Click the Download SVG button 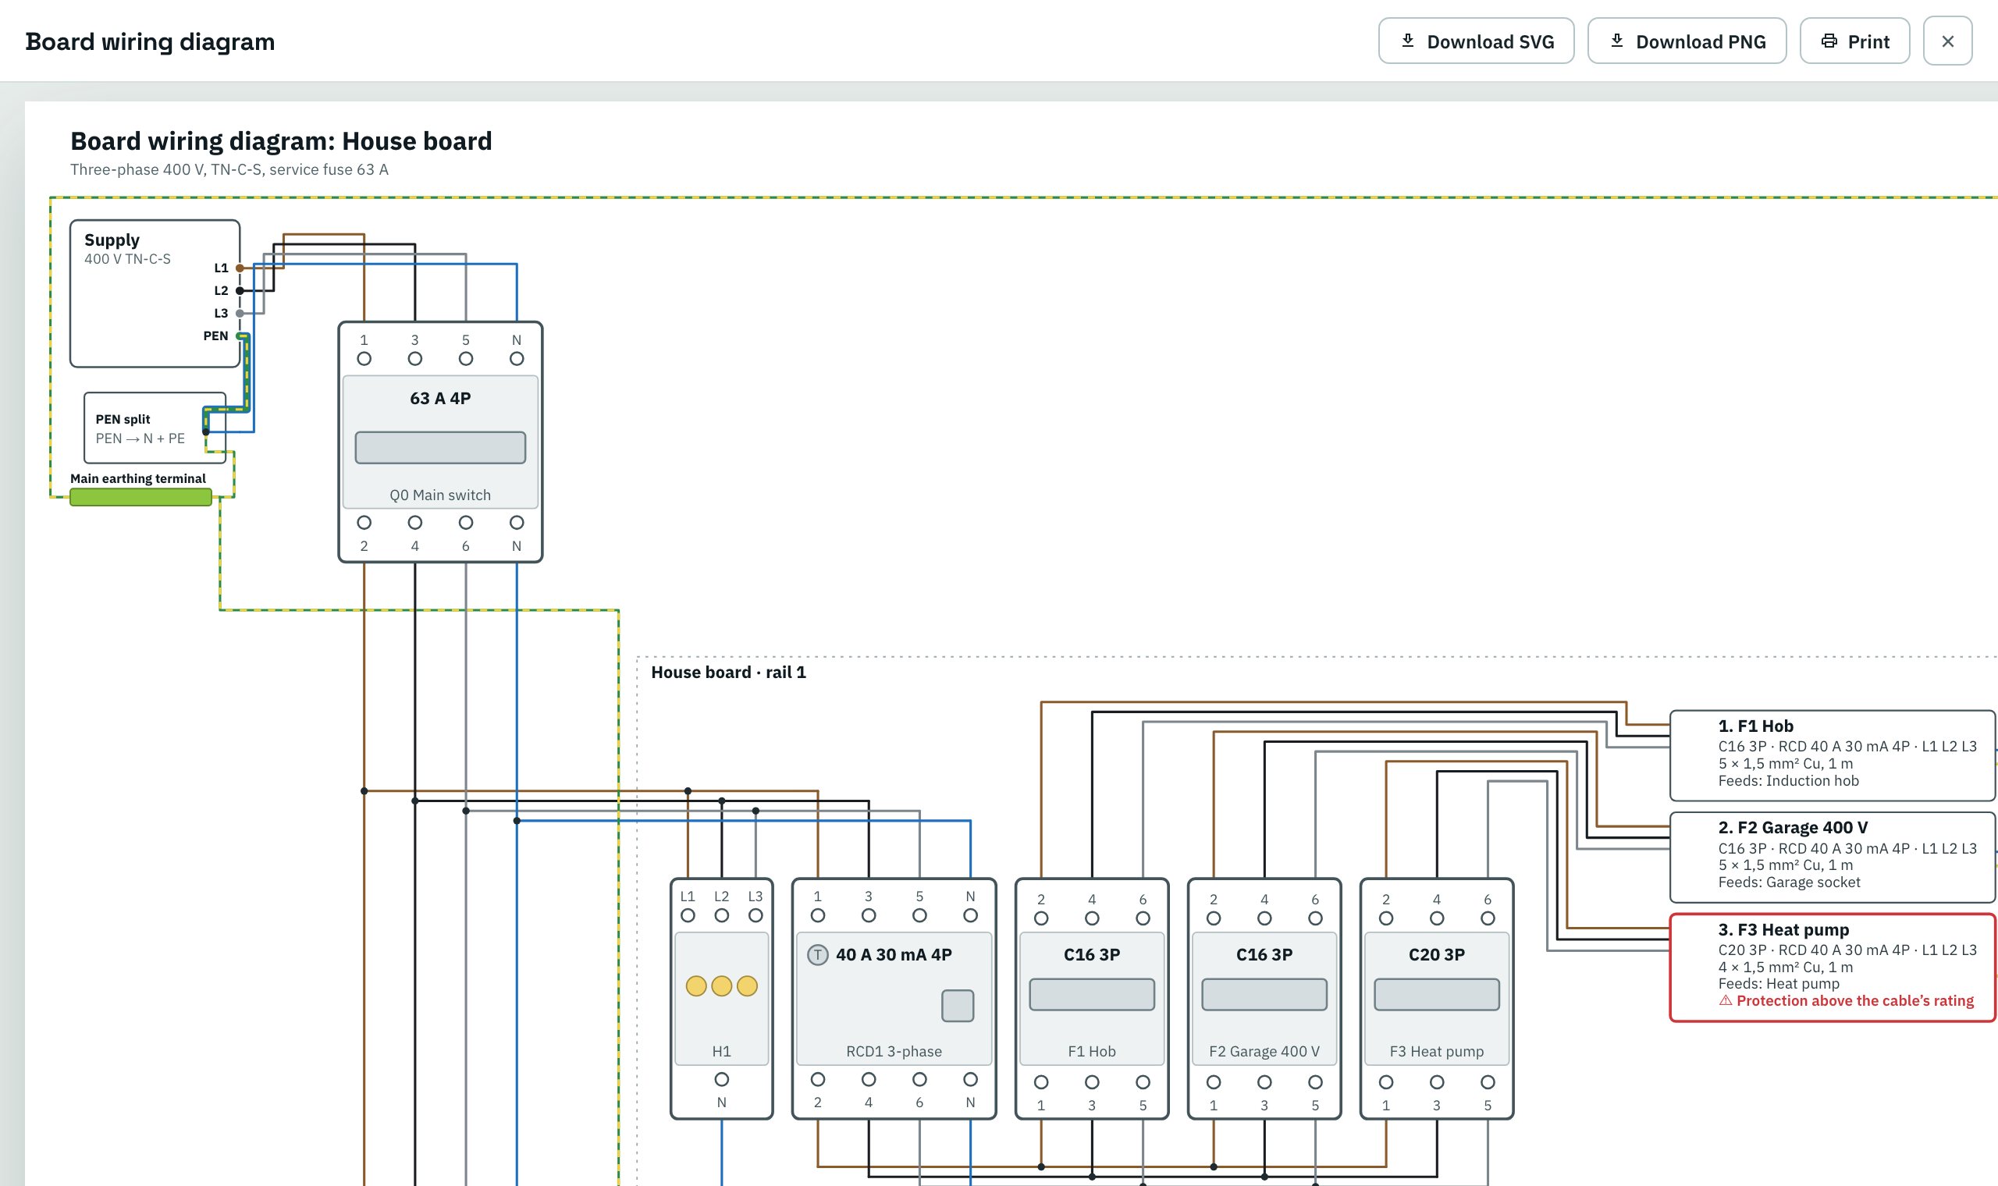pos(1476,41)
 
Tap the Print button pos(1854,41)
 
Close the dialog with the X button pos(1947,41)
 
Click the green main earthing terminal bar pos(140,497)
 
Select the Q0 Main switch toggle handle pos(440,448)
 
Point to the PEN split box pos(155,428)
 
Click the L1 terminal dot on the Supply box pos(240,268)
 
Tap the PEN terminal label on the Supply pos(215,336)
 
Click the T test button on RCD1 pos(818,954)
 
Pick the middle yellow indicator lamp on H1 pos(722,985)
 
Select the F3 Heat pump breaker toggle pos(1436,994)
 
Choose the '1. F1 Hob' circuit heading pos(1756,726)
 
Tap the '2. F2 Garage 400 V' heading pos(1794,827)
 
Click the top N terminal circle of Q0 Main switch pos(517,359)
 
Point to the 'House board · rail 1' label pos(728,672)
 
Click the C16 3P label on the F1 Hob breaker pos(1092,954)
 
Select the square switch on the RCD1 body pos(958,1006)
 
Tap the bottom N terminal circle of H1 pos(722,1079)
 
